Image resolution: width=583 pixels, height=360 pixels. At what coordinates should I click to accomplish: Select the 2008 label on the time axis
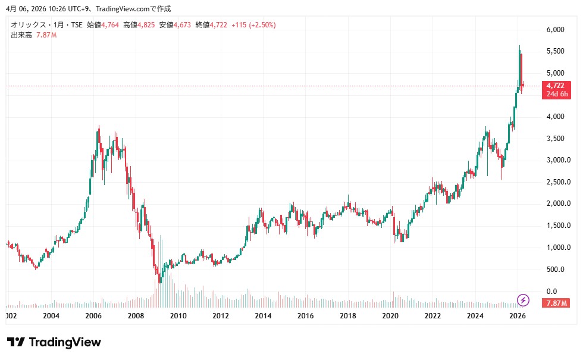click(x=136, y=315)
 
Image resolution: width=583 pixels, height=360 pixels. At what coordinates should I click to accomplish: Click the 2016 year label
click(x=305, y=315)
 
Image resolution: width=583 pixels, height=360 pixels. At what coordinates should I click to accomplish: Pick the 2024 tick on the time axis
click(x=475, y=315)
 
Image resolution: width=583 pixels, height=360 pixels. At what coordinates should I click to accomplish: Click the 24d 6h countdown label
click(x=558, y=94)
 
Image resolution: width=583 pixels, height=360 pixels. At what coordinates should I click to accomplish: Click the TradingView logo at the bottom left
click(x=54, y=342)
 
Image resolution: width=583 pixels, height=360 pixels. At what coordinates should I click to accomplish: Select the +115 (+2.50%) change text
click(x=253, y=25)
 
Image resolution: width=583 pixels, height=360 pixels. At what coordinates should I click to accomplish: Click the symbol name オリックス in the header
click(x=27, y=25)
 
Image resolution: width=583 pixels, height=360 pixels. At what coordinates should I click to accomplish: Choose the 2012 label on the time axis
click(x=221, y=315)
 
